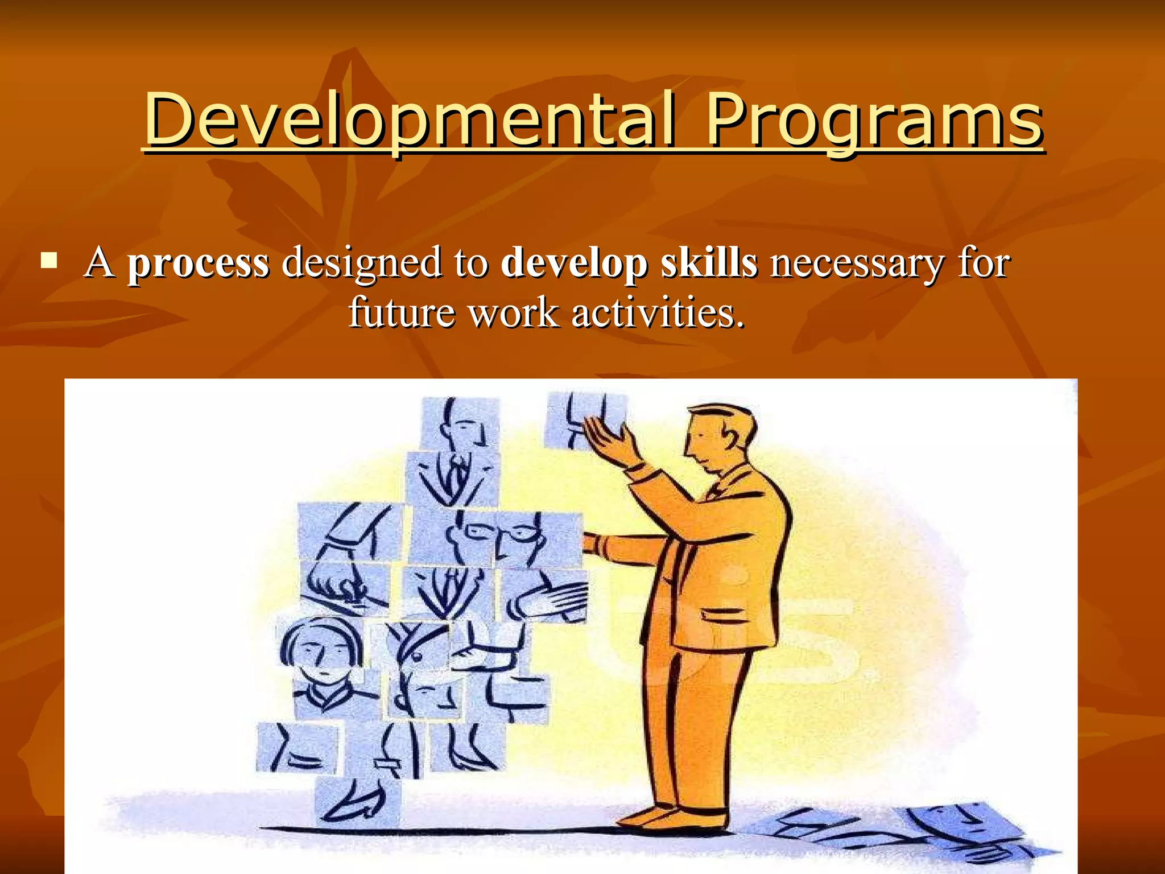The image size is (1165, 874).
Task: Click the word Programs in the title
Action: [x=874, y=121]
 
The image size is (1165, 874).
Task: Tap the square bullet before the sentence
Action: [x=49, y=261]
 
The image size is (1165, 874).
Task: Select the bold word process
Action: [x=198, y=263]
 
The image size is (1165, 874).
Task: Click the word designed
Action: [x=361, y=263]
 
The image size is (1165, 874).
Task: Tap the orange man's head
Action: [x=718, y=435]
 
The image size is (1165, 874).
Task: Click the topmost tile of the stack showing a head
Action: [x=460, y=424]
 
